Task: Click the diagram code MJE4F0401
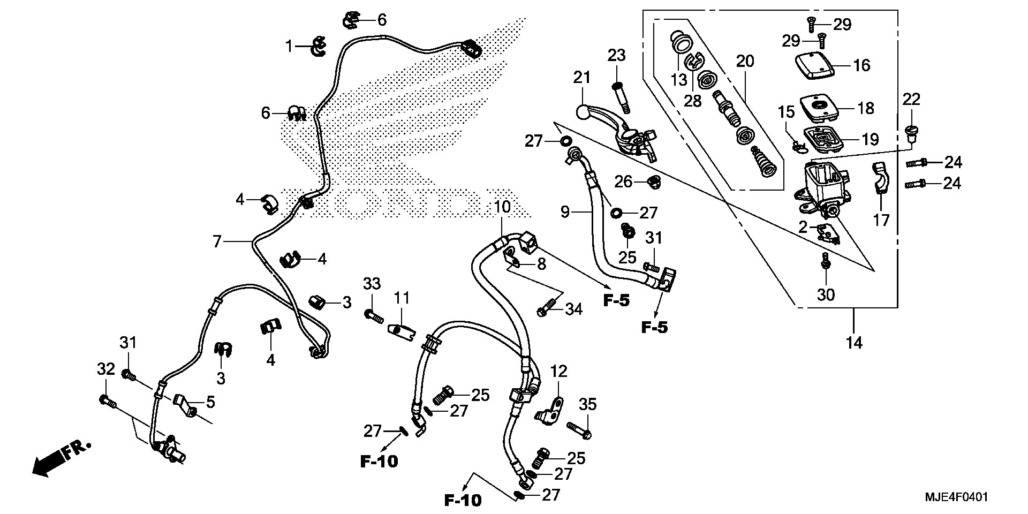[x=956, y=497]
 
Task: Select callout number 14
[x=854, y=342]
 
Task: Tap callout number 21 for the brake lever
[x=581, y=78]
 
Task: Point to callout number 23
[x=616, y=55]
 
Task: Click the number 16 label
[x=861, y=65]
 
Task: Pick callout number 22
[x=911, y=99]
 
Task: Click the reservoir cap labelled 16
[x=813, y=66]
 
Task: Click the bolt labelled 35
[x=579, y=430]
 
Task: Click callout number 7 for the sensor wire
[x=217, y=242]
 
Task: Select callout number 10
[x=502, y=206]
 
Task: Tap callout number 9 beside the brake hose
[x=565, y=213]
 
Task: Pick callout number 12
[x=558, y=371]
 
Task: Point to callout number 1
[x=289, y=47]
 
